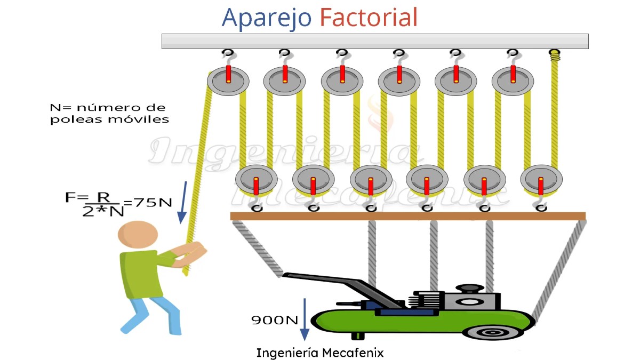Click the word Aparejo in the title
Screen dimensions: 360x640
[x=266, y=18]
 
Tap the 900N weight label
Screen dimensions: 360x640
[x=275, y=320]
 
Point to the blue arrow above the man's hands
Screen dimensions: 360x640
[x=182, y=202]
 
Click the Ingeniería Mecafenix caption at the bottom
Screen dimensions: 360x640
[x=319, y=353]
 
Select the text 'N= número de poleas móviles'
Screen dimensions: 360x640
[x=109, y=114]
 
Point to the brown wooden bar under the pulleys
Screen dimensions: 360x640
[x=407, y=216]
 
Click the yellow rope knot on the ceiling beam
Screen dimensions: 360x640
[x=555, y=54]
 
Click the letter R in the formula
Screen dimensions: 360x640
[x=103, y=198]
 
